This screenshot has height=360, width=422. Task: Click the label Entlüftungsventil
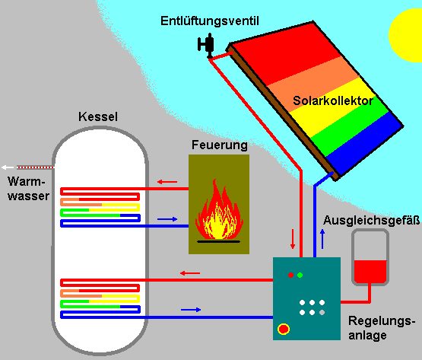click(x=210, y=21)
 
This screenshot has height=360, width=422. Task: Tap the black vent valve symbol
click(x=207, y=45)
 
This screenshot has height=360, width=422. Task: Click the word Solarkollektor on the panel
click(x=333, y=100)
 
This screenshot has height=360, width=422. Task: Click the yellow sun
click(x=406, y=35)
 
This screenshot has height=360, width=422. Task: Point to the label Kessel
click(x=98, y=116)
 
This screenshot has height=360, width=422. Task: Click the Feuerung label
click(x=219, y=145)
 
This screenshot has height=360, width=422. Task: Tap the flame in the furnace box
click(x=219, y=210)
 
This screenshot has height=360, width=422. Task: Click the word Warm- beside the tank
click(x=26, y=182)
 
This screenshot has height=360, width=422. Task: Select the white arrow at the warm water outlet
click(x=8, y=167)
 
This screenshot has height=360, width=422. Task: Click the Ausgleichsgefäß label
click(x=371, y=220)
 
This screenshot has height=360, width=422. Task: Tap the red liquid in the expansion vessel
click(x=370, y=272)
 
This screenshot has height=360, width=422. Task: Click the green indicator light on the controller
click(x=300, y=275)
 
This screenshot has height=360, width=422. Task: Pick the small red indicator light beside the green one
click(x=290, y=275)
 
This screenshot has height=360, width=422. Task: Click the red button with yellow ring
click(x=284, y=329)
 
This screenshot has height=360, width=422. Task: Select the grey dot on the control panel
click(x=322, y=313)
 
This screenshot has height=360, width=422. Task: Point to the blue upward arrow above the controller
click(x=322, y=239)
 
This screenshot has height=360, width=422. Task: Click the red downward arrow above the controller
click(x=293, y=239)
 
